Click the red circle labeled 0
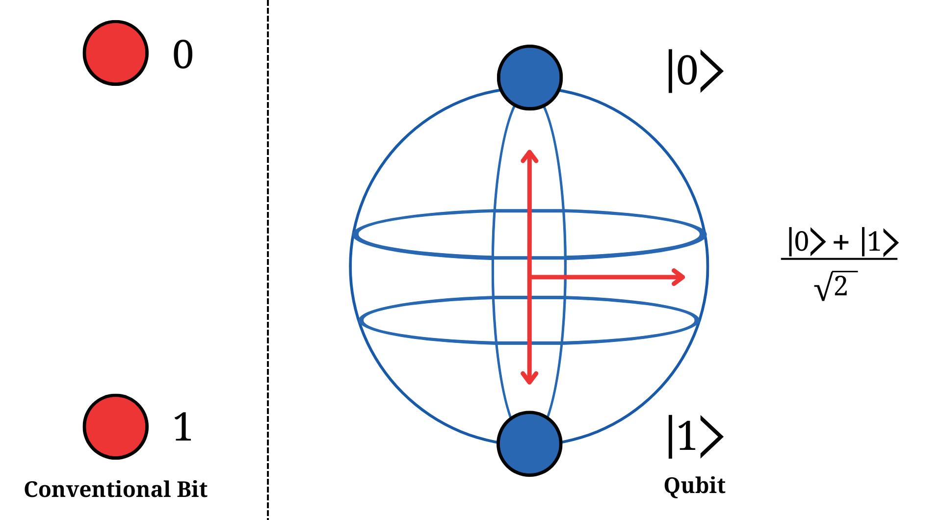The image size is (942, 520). [x=116, y=53]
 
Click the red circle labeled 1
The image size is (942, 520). [x=116, y=427]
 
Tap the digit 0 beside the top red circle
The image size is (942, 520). [x=183, y=55]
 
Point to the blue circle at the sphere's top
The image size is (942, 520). [x=529, y=77]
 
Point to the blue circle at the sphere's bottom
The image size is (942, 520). [x=529, y=443]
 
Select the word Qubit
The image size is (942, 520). [x=694, y=486]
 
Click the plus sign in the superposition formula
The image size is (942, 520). [x=840, y=243]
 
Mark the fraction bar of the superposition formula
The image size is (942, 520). [x=839, y=259]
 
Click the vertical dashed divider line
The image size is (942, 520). [x=268, y=260]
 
